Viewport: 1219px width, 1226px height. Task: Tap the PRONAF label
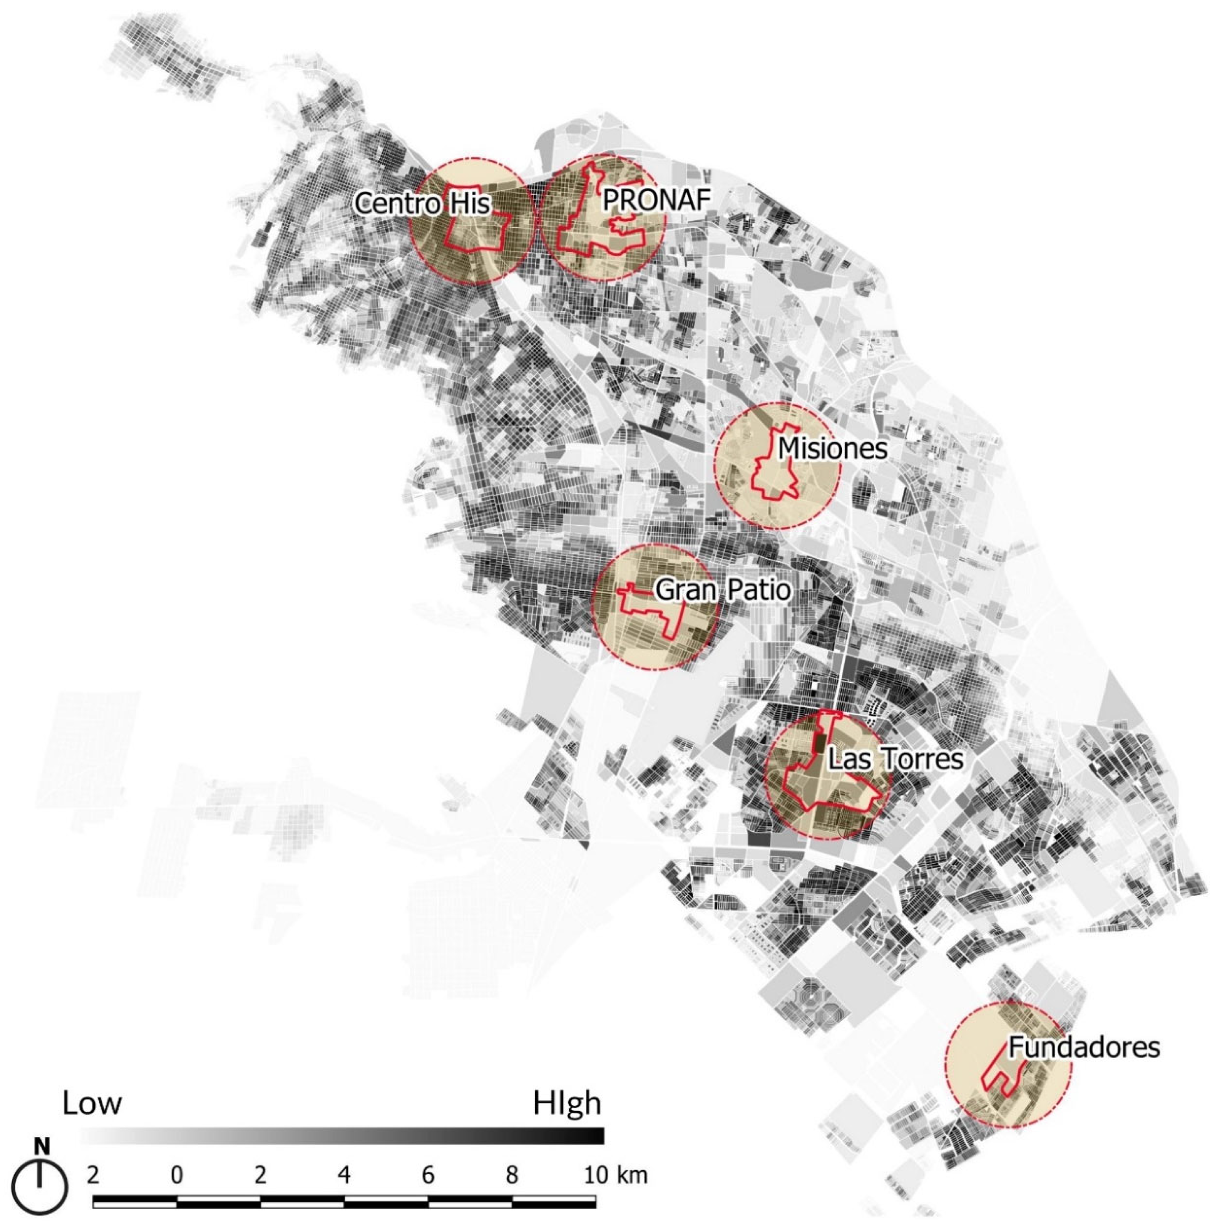tap(655, 199)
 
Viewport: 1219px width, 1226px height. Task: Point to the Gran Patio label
tap(723, 590)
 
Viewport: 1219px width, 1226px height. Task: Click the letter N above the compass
tap(42, 1146)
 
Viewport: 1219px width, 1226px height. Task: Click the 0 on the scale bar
tap(176, 1176)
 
